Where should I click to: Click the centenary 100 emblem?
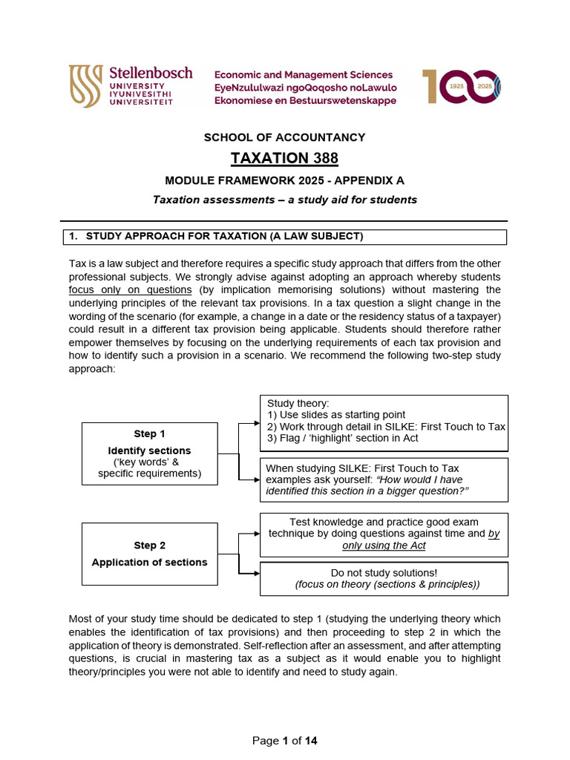pyautogui.click(x=461, y=87)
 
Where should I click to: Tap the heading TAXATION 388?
pyautogui.click(x=284, y=158)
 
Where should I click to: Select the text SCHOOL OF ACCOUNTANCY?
pyautogui.click(x=285, y=137)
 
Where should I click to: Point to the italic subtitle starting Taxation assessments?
pyautogui.click(x=285, y=199)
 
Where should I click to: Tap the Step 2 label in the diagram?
pyautogui.click(x=149, y=546)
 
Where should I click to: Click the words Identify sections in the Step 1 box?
pyautogui.click(x=149, y=451)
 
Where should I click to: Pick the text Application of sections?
pyautogui.click(x=149, y=563)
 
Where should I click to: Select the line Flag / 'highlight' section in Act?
pyautogui.click(x=342, y=438)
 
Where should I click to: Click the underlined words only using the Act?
pyautogui.click(x=384, y=546)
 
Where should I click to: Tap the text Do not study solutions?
pyautogui.click(x=384, y=573)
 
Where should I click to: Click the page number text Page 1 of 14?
pyautogui.click(x=285, y=741)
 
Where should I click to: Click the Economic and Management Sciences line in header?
pyautogui.click(x=304, y=75)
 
